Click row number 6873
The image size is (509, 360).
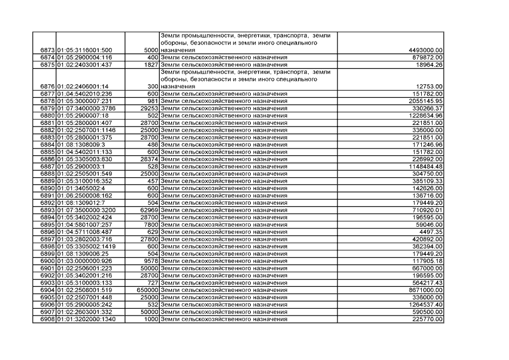point(44,51)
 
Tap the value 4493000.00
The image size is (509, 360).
point(425,51)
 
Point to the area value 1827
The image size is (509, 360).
point(149,65)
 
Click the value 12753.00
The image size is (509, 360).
point(431,86)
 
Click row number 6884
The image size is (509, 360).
point(44,145)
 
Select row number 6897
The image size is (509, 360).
point(44,239)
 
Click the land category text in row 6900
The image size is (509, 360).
point(224,261)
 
